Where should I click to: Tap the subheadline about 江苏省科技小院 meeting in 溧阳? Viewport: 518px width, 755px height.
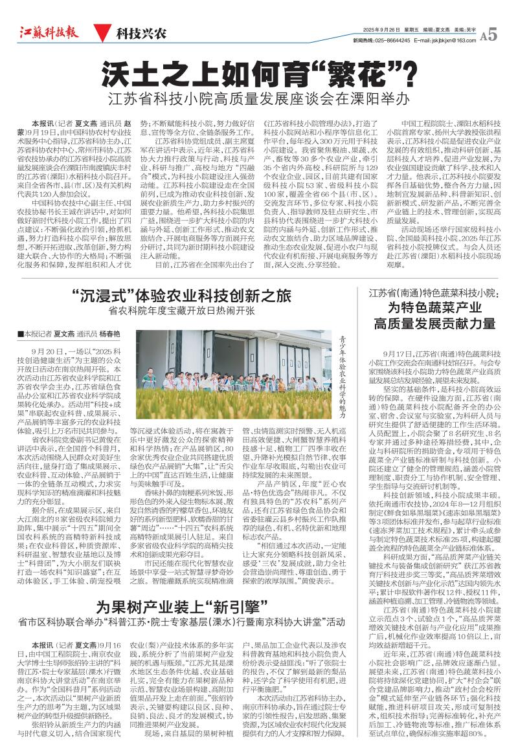(259, 100)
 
